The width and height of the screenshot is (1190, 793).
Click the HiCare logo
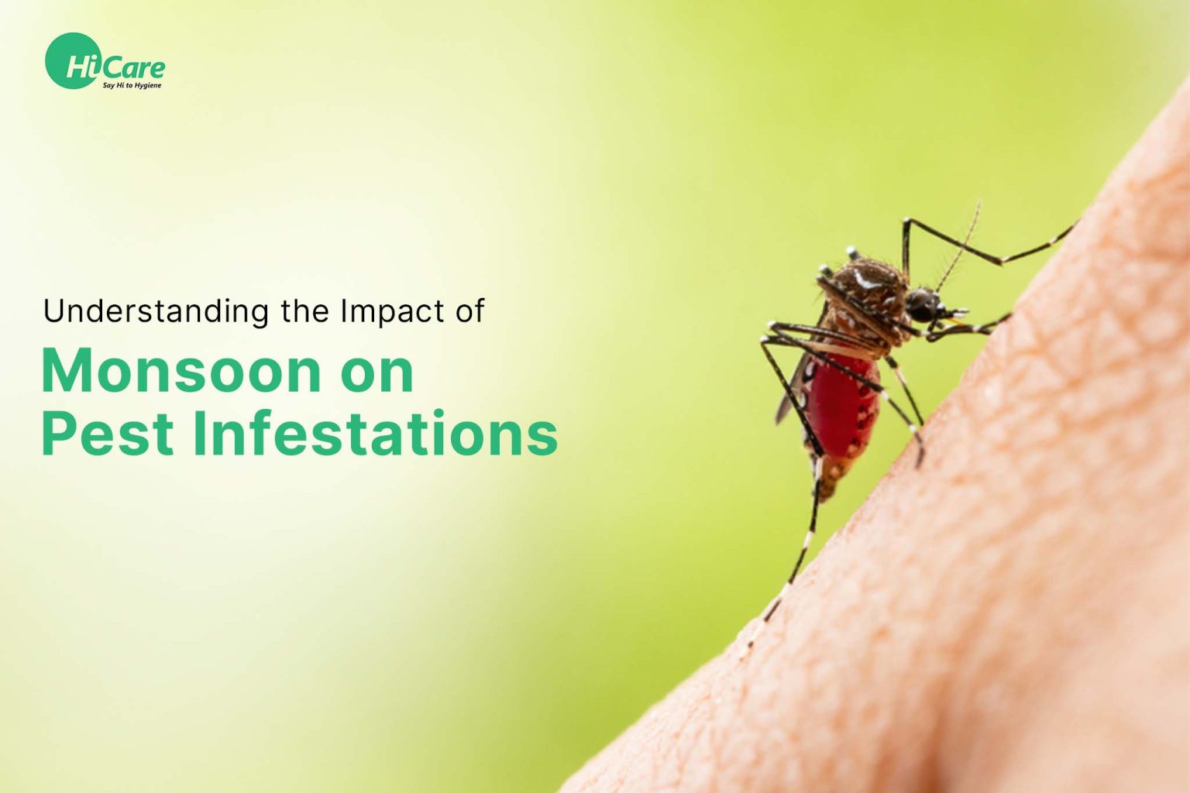(105, 62)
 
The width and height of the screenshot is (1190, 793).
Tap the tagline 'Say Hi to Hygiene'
(132, 85)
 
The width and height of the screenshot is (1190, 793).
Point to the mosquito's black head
(923, 304)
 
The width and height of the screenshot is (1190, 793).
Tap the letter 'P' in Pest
(59, 434)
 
